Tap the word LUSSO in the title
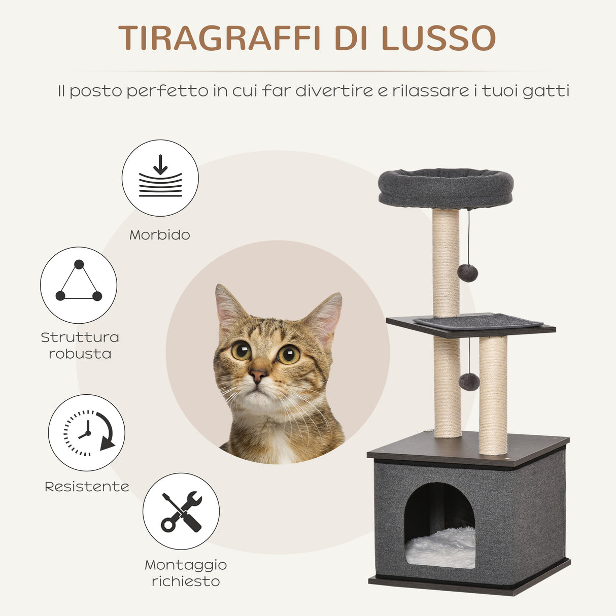(x=438, y=38)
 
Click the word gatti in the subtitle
(x=547, y=91)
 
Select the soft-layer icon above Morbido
(x=160, y=178)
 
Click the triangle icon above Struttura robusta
(x=79, y=285)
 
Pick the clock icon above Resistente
(x=87, y=433)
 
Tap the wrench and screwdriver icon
(x=181, y=511)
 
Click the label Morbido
(x=160, y=235)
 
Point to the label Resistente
(x=87, y=487)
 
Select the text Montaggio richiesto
(x=186, y=573)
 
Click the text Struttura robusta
(x=80, y=346)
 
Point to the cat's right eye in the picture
(x=288, y=354)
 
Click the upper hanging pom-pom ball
(x=467, y=273)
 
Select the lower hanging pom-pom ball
(x=469, y=382)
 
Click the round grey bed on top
(x=446, y=188)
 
